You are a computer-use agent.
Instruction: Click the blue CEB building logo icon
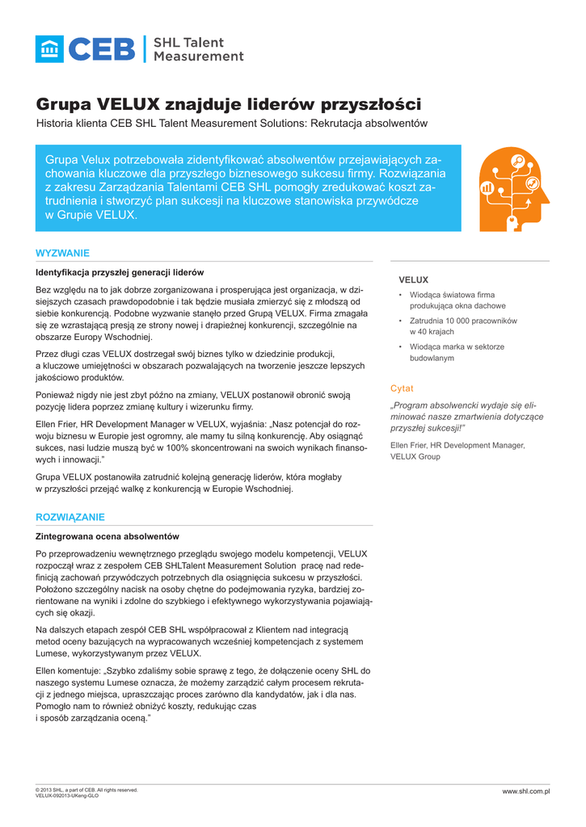pyautogui.click(x=49, y=49)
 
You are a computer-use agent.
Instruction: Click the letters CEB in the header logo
pyautogui.click(x=102, y=49)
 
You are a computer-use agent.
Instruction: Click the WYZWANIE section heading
pyautogui.click(x=63, y=253)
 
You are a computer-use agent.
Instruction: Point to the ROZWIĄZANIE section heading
pyautogui.click(x=70, y=517)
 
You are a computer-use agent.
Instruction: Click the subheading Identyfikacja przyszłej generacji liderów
pyautogui.click(x=120, y=272)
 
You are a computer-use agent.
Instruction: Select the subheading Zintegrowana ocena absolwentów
pyautogui.click(x=108, y=536)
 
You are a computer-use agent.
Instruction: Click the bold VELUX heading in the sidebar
pyautogui.click(x=413, y=279)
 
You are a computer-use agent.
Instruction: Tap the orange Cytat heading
pyautogui.click(x=402, y=388)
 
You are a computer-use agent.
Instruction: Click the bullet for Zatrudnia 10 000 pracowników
pyautogui.click(x=400, y=321)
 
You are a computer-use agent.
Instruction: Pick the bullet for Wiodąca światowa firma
pyautogui.click(x=400, y=296)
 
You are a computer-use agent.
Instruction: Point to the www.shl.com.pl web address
pyautogui.click(x=525, y=791)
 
